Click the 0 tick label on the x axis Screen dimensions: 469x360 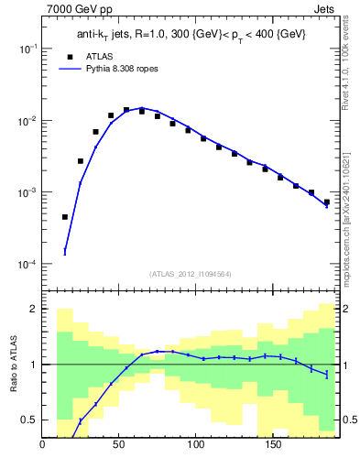(43, 447)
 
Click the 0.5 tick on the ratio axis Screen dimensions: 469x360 (31, 420)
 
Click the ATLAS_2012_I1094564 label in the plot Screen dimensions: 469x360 (190, 273)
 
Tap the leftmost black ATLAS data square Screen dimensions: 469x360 (65, 217)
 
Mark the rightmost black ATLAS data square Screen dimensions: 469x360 (326, 202)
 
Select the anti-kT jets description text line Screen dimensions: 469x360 (191, 34)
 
